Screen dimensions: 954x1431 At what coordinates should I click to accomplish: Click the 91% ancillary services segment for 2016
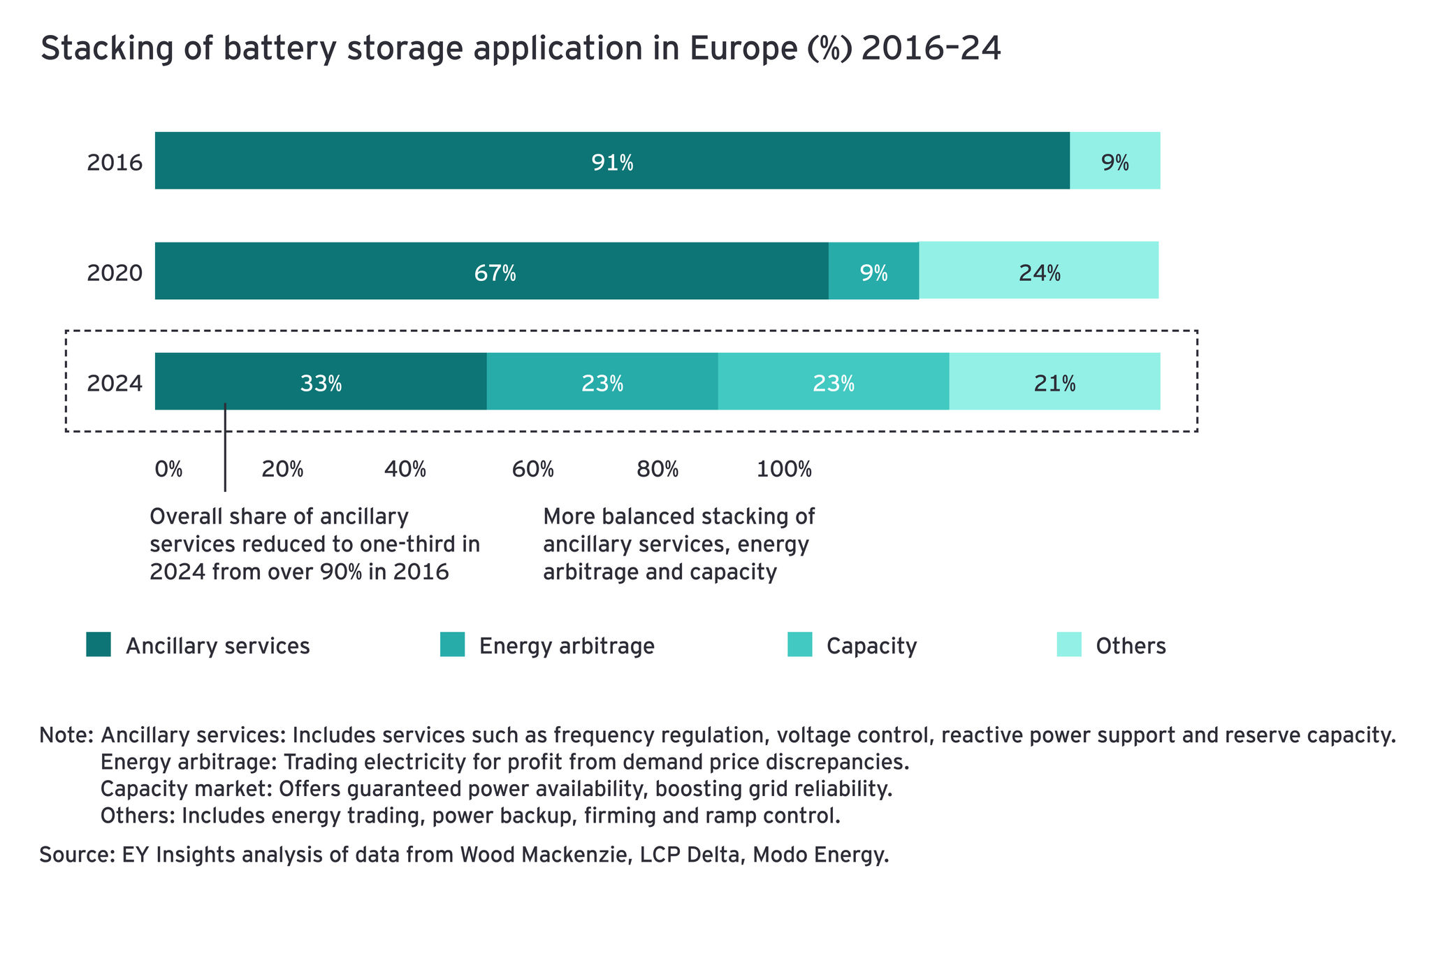[x=612, y=161]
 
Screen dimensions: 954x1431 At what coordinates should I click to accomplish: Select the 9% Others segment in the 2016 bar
[x=1114, y=161]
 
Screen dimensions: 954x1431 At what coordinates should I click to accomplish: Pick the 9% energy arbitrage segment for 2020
[x=873, y=271]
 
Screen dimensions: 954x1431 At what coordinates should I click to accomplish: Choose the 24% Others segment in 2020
[x=1039, y=271]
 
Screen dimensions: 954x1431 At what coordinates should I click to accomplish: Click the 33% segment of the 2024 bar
[x=321, y=382]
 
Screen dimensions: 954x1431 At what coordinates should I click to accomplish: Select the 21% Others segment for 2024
[x=1054, y=382]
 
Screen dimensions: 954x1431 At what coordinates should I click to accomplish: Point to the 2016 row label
[x=115, y=163]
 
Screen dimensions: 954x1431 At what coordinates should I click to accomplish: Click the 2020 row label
[x=115, y=273]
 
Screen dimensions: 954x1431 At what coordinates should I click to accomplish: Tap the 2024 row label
[x=115, y=383]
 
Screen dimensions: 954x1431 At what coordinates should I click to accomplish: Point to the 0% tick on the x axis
[x=168, y=469]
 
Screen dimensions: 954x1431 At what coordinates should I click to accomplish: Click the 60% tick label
[x=532, y=469]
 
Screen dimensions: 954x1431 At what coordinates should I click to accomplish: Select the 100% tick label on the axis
[x=784, y=469]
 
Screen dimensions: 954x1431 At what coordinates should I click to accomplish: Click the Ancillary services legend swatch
[x=99, y=644]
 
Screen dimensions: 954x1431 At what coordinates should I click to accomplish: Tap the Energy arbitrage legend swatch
[x=452, y=644]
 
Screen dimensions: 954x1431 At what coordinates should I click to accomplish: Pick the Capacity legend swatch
[x=800, y=644]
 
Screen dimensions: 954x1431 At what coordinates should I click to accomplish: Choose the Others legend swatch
[x=1069, y=644]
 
